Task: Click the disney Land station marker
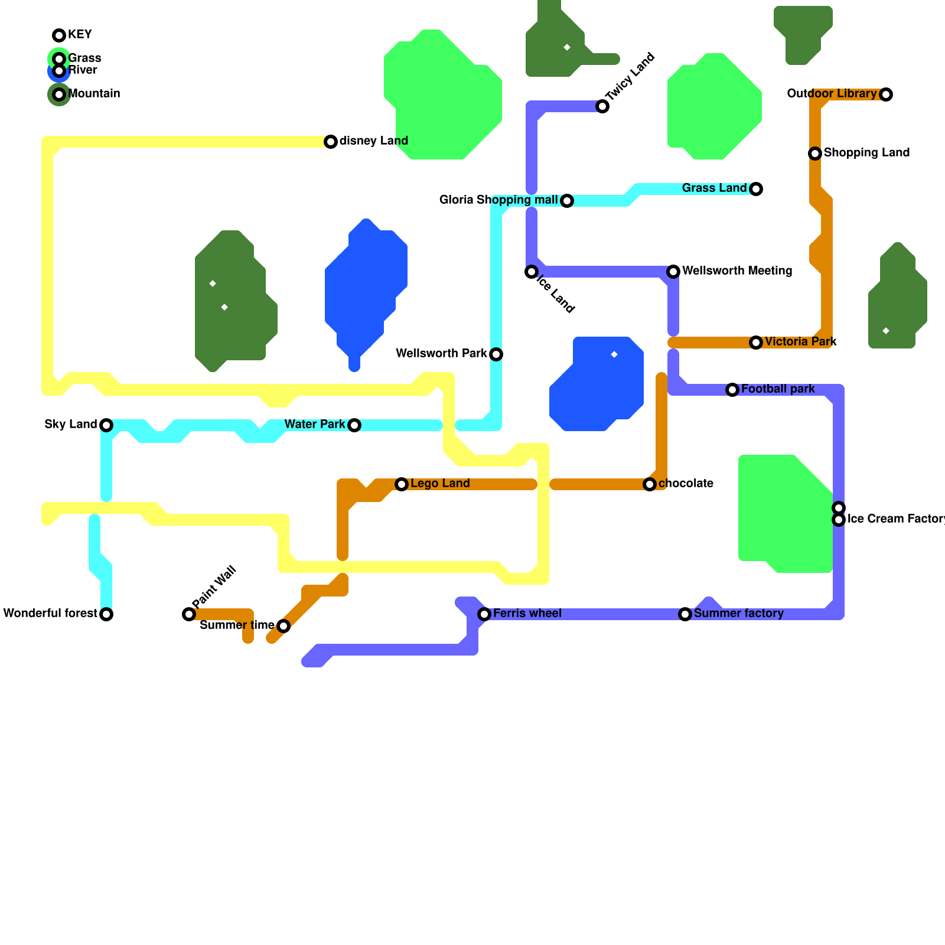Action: pyautogui.click(x=331, y=142)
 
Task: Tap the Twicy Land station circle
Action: pyautogui.click(x=602, y=106)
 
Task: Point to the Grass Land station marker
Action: pyautogui.click(x=756, y=189)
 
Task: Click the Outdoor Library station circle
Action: pyautogui.click(x=886, y=94)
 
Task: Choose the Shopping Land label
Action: pyautogui.click(x=866, y=153)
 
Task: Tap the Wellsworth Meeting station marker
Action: pyautogui.click(x=673, y=272)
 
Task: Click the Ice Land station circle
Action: pyautogui.click(x=532, y=272)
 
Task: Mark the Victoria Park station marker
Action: pyautogui.click(x=756, y=343)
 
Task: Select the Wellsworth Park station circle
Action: pyautogui.click(x=496, y=354)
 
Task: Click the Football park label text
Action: pyautogui.click(x=778, y=389)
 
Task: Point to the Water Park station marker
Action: pyautogui.click(x=354, y=425)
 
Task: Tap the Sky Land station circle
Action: pyautogui.click(x=106, y=425)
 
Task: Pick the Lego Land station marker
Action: pyautogui.click(x=402, y=484)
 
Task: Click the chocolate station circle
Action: pyautogui.click(x=650, y=484)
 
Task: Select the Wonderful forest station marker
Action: pyautogui.click(x=106, y=614)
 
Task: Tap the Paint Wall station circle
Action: pyautogui.click(x=189, y=614)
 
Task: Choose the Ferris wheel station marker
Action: pyautogui.click(x=484, y=614)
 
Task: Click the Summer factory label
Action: pyautogui.click(x=738, y=614)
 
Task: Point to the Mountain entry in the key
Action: pyautogui.click(x=94, y=94)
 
